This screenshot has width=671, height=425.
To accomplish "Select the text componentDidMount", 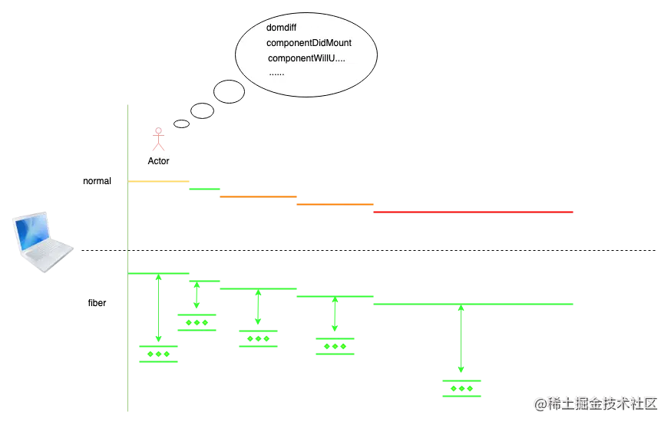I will (309, 43).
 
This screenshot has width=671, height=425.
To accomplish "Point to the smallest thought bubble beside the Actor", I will (181, 124).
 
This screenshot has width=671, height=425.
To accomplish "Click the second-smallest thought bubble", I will (202, 111).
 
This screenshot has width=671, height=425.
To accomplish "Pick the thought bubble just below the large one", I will (229, 92).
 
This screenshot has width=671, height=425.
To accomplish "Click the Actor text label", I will (158, 162).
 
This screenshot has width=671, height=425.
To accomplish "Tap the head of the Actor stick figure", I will (158, 130).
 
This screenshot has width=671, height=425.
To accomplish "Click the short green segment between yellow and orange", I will (203, 187).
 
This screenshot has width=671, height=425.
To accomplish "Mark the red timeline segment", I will (473, 212).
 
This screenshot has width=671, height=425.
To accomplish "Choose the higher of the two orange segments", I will (257, 196).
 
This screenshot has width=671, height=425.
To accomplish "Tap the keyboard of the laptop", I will (46, 252).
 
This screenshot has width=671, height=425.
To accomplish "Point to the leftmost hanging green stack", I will (157, 354).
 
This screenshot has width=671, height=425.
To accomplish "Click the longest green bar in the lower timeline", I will (473, 304).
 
